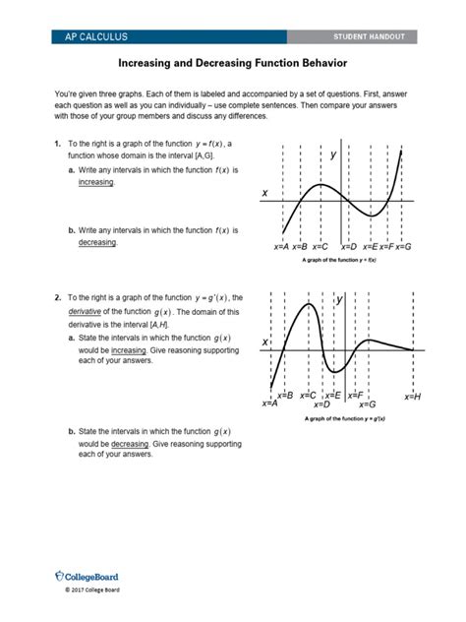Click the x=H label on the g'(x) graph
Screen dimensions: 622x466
point(412,397)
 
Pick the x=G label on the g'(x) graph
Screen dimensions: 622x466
point(368,404)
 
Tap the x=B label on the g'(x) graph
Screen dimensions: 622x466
point(284,395)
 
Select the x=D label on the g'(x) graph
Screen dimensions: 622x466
point(320,404)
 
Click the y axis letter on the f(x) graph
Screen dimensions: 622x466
point(333,155)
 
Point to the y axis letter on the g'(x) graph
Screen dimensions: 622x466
point(340,298)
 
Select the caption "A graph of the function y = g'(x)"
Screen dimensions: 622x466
point(339,418)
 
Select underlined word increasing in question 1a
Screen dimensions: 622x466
point(96,183)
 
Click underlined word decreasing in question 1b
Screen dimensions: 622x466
point(97,242)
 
